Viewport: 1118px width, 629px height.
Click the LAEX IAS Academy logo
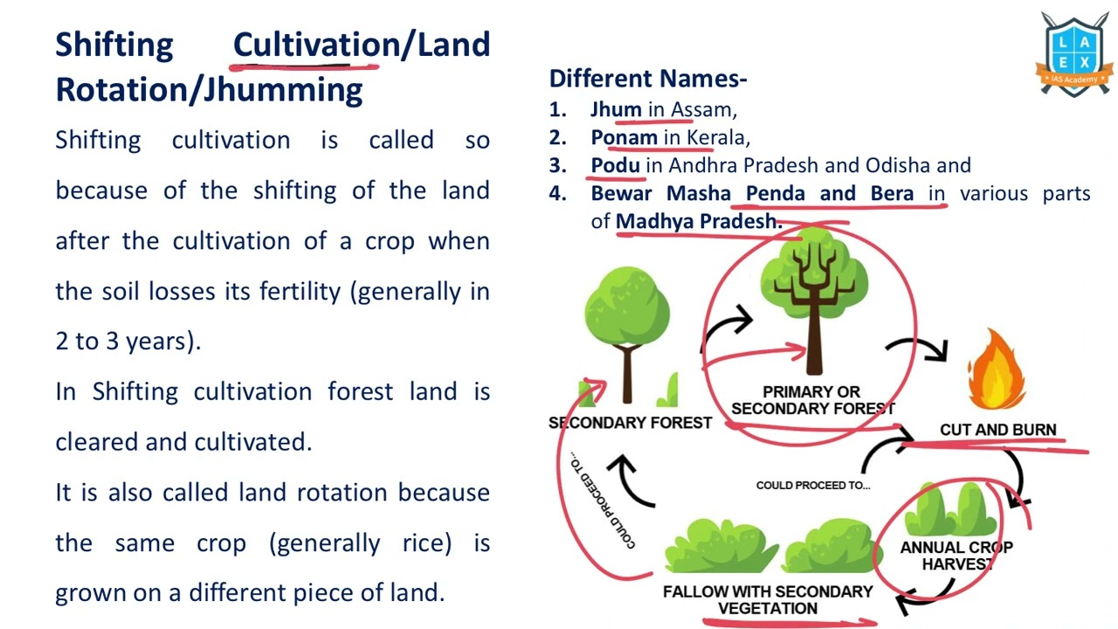[x=1073, y=54]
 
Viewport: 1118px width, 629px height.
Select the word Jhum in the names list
[x=616, y=110]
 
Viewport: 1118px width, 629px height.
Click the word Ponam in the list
[x=624, y=138]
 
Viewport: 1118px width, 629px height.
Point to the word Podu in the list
[x=615, y=166]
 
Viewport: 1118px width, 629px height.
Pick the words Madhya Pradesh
[x=698, y=222]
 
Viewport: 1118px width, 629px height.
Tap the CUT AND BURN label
[x=997, y=430]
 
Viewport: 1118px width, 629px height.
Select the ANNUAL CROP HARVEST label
[x=956, y=556]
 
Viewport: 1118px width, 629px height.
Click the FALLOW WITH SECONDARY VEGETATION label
[x=768, y=600]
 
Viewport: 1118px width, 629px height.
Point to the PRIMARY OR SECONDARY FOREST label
[x=812, y=400]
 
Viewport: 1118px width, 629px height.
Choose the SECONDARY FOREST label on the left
[x=630, y=423]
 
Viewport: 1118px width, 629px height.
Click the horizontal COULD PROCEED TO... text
[x=813, y=486]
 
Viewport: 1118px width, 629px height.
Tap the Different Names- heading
[x=648, y=79]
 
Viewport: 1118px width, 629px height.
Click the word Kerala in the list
[x=716, y=138]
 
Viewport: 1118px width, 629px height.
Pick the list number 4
[x=557, y=194]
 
